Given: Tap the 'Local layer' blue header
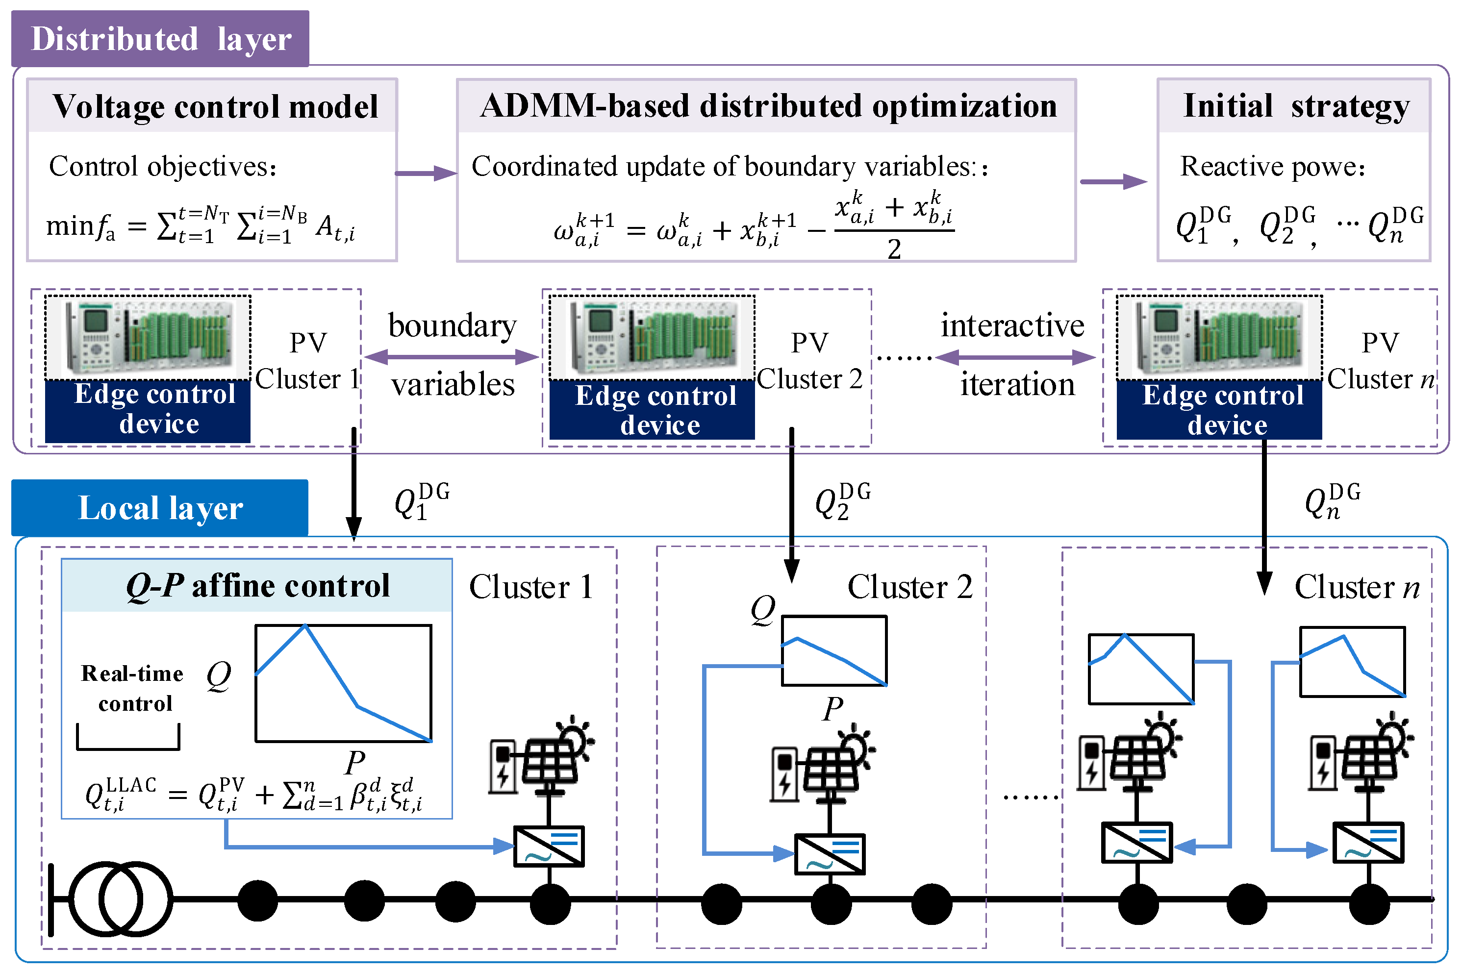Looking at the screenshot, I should click(x=160, y=508).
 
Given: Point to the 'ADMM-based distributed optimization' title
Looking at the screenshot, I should click(x=768, y=105).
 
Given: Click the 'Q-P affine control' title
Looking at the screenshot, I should click(x=257, y=585).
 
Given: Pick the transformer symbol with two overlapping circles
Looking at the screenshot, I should click(x=120, y=899).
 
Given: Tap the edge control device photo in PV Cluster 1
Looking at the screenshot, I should click(x=148, y=337).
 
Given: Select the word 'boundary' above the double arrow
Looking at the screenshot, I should click(x=452, y=325).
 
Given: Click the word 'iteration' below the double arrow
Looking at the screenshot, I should click(x=1017, y=384).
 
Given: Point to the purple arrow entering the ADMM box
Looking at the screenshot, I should click(x=426, y=173).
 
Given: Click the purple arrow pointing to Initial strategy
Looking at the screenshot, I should click(x=1113, y=182).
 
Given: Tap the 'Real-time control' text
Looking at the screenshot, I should click(x=133, y=688).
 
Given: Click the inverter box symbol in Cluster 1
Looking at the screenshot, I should click(x=549, y=846).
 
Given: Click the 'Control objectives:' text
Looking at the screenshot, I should click(x=162, y=166).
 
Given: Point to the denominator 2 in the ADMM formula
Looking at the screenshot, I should click(x=893, y=249).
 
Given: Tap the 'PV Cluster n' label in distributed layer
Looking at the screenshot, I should click(x=1380, y=361).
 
